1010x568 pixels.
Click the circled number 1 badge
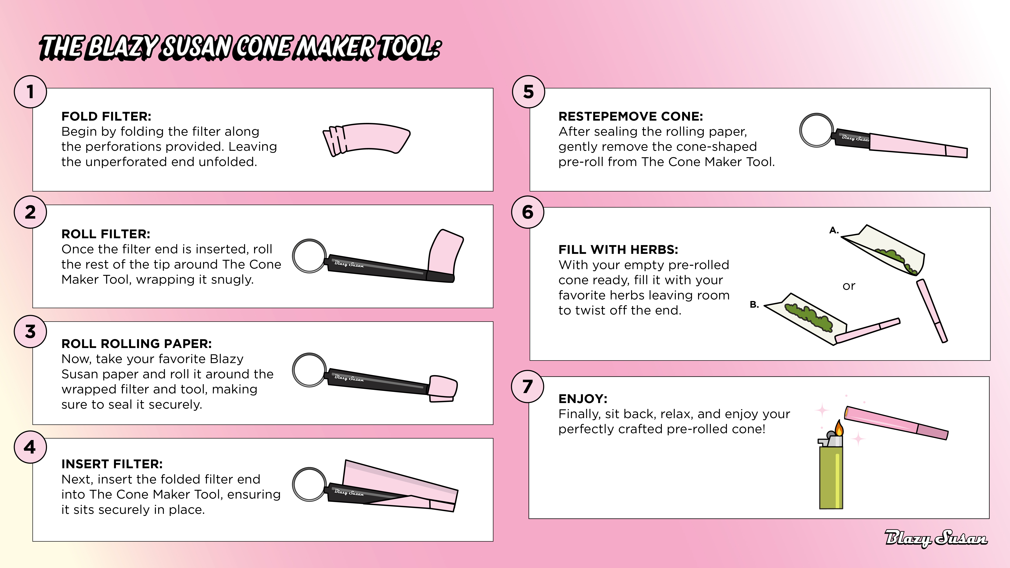point(30,92)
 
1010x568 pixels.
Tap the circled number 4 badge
point(30,447)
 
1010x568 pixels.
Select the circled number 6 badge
point(528,212)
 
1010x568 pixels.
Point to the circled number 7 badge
point(528,387)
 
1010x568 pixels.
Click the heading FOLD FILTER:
point(106,116)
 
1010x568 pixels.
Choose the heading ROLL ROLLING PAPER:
point(136,344)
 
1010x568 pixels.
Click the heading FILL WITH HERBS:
point(618,250)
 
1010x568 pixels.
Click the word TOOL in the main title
point(409,47)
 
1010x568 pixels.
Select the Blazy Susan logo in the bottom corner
point(936,538)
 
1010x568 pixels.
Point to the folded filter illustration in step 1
point(367,139)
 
